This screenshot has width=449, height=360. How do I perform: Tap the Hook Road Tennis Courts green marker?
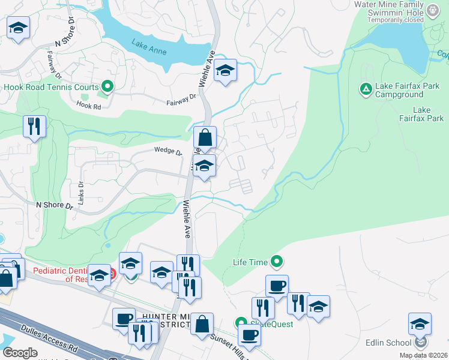[107, 87]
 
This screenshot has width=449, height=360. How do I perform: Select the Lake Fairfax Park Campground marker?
[365, 89]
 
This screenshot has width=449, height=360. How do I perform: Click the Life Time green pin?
[277, 262]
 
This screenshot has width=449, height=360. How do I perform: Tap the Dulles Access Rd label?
[50, 338]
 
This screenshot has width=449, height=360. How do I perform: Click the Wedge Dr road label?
[167, 151]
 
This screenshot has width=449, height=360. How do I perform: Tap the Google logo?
[20, 353]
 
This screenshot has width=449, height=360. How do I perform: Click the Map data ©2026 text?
[424, 355]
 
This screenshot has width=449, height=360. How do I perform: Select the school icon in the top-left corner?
[19, 28]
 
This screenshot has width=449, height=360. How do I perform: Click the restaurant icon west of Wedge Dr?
[34, 126]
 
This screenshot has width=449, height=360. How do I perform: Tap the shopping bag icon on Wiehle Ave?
[205, 137]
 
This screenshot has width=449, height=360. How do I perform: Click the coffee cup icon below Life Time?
[277, 286]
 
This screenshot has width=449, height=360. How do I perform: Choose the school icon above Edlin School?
[420, 324]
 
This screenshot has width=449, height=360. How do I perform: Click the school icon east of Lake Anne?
[226, 71]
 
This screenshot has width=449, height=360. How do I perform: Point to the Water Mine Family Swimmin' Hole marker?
[432, 9]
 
